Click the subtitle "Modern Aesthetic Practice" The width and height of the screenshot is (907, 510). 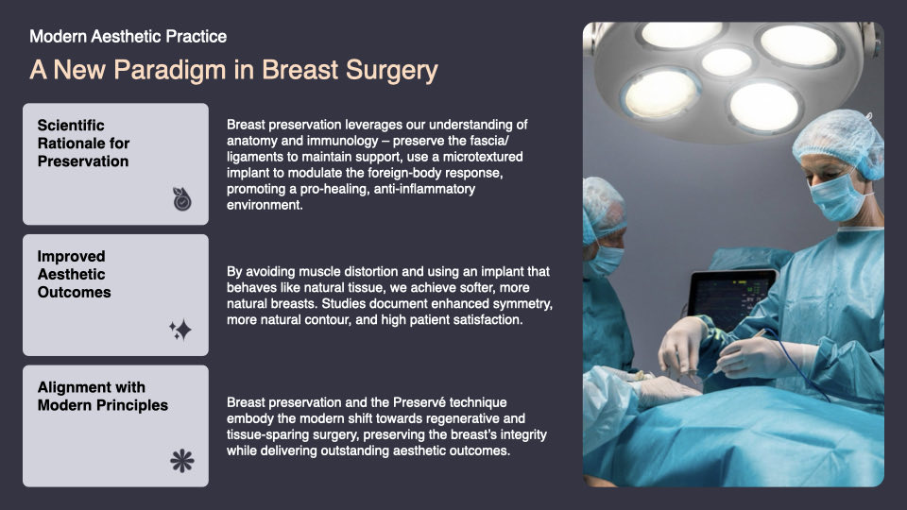tap(128, 37)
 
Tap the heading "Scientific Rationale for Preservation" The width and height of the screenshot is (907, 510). tap(83, 144)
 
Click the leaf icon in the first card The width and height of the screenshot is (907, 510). tap(181, 198)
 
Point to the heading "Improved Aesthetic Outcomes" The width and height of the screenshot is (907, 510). tap(74, 275)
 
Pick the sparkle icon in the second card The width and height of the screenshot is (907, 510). tap(180, 330)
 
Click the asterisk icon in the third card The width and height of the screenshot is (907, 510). tap(180, 461)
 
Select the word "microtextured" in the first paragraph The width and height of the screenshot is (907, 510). tap(479, 156)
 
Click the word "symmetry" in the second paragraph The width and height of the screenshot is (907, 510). tap(519, 305)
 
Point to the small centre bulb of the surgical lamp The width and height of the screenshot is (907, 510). tap(727, 62)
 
